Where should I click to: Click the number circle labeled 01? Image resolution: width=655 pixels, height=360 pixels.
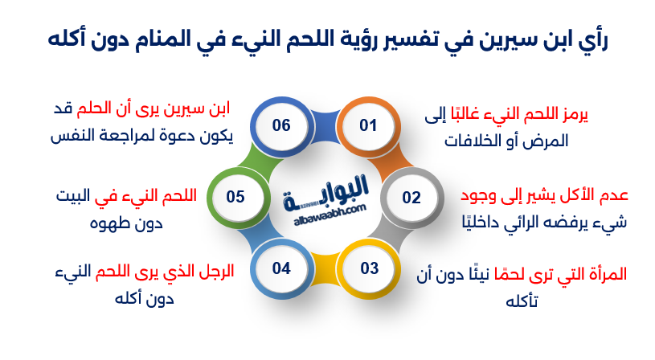pos(368,125)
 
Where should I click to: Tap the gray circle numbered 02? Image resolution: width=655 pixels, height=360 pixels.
pos(411,197)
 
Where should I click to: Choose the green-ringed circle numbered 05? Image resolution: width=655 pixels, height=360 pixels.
pos(236,197)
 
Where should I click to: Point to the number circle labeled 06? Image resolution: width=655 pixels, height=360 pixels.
pos(280,125)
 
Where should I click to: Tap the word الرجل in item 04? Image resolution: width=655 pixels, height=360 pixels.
pos(215,271)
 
